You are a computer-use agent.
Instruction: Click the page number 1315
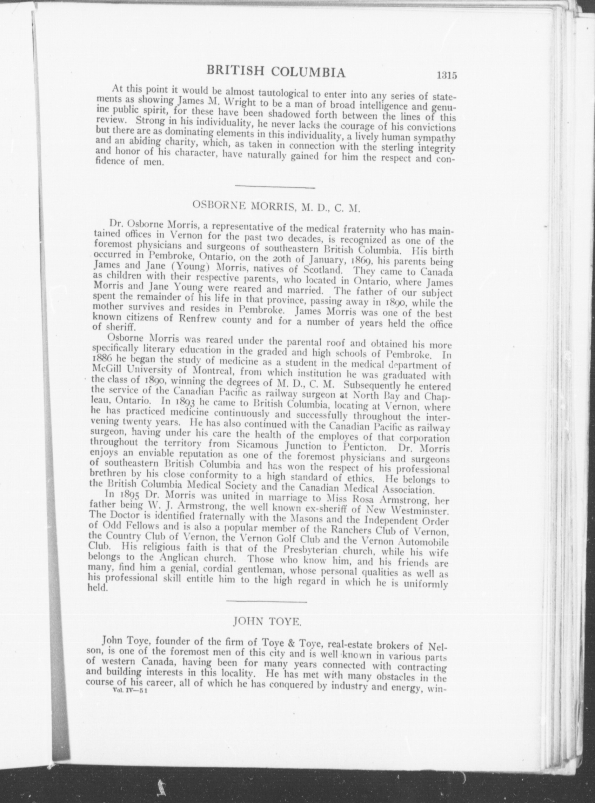[447, 76]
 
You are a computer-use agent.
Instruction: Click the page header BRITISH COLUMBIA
[276, 72]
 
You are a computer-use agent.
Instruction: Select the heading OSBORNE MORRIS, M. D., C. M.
[276, 206]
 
